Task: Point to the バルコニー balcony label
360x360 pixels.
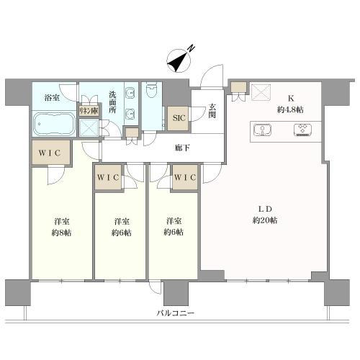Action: click(177, 313)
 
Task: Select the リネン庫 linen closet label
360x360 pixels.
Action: click(89, 112)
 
